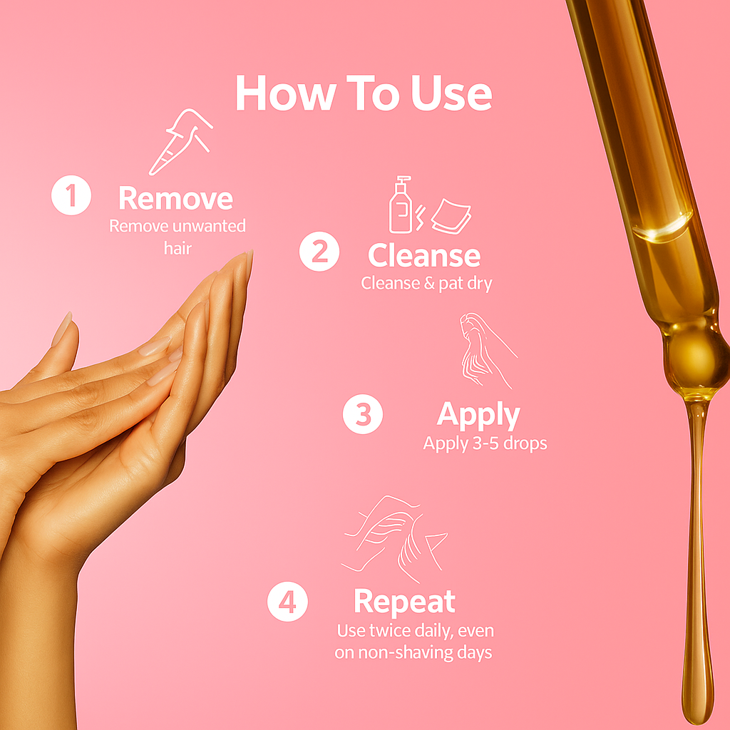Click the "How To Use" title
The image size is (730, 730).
pos(364,93)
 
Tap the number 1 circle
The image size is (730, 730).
pos(71,197)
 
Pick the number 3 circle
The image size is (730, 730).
pos(363,414)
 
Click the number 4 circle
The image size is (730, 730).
pos(287,602)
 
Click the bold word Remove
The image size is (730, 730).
pos(175,198)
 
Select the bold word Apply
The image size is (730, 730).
pos(478,414)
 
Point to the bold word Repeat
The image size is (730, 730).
pos(404,602)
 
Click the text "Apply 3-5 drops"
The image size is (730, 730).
pos(485,443)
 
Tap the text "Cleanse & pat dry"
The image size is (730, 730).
pos(426,283)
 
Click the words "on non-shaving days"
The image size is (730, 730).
pos(413,652)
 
